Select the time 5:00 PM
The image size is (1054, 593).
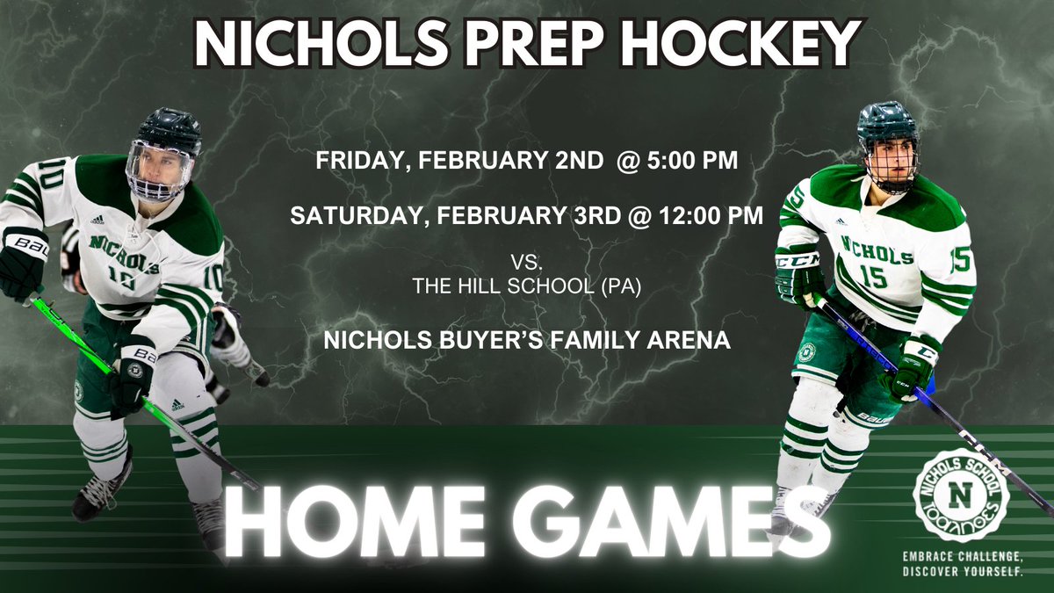pyautogui.click(x=702, y=163)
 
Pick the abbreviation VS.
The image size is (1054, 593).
pyautogui.click(x=526, y=261)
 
